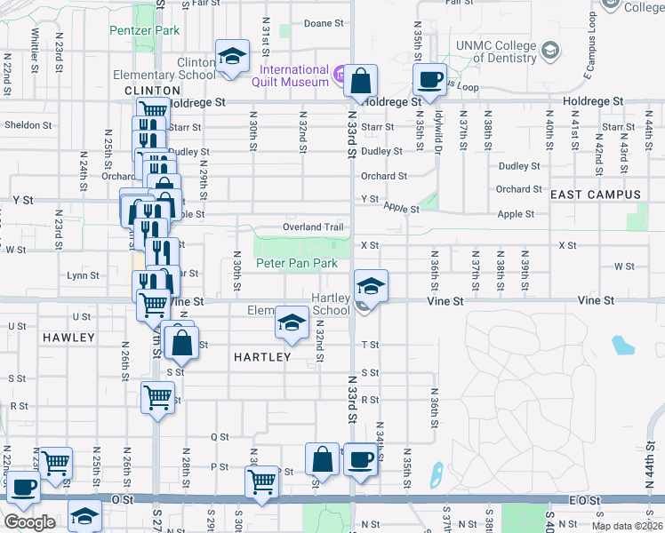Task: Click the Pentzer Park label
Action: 144,30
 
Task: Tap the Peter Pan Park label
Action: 297,264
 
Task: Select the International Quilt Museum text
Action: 294,76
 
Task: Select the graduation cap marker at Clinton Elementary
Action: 231,57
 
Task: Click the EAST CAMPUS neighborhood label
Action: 596,195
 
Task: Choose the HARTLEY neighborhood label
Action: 262,357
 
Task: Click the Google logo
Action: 30,522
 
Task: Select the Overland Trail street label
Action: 313,227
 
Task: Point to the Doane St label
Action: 324,23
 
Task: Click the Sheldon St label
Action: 23,125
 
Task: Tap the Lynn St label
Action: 82,276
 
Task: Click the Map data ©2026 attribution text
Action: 627,526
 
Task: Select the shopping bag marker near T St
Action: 180,343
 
